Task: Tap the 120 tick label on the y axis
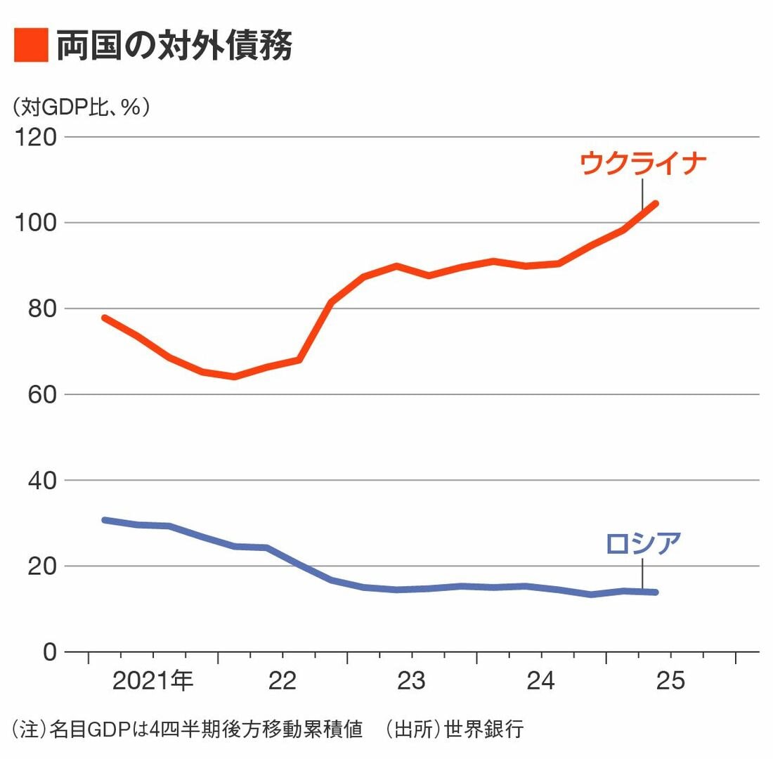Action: point(36,136)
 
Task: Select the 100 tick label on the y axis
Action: point(36,223)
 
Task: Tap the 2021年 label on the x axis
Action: point(152,681)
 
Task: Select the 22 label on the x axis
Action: point(282,681)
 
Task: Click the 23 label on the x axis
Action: point(411,681)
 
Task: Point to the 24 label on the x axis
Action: point(540,681)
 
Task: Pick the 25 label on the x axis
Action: point(670,681)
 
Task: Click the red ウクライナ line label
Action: point(642,163)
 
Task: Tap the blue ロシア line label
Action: point(642,543)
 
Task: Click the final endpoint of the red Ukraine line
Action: point(655,204)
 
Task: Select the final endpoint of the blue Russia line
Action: point(655,592)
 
